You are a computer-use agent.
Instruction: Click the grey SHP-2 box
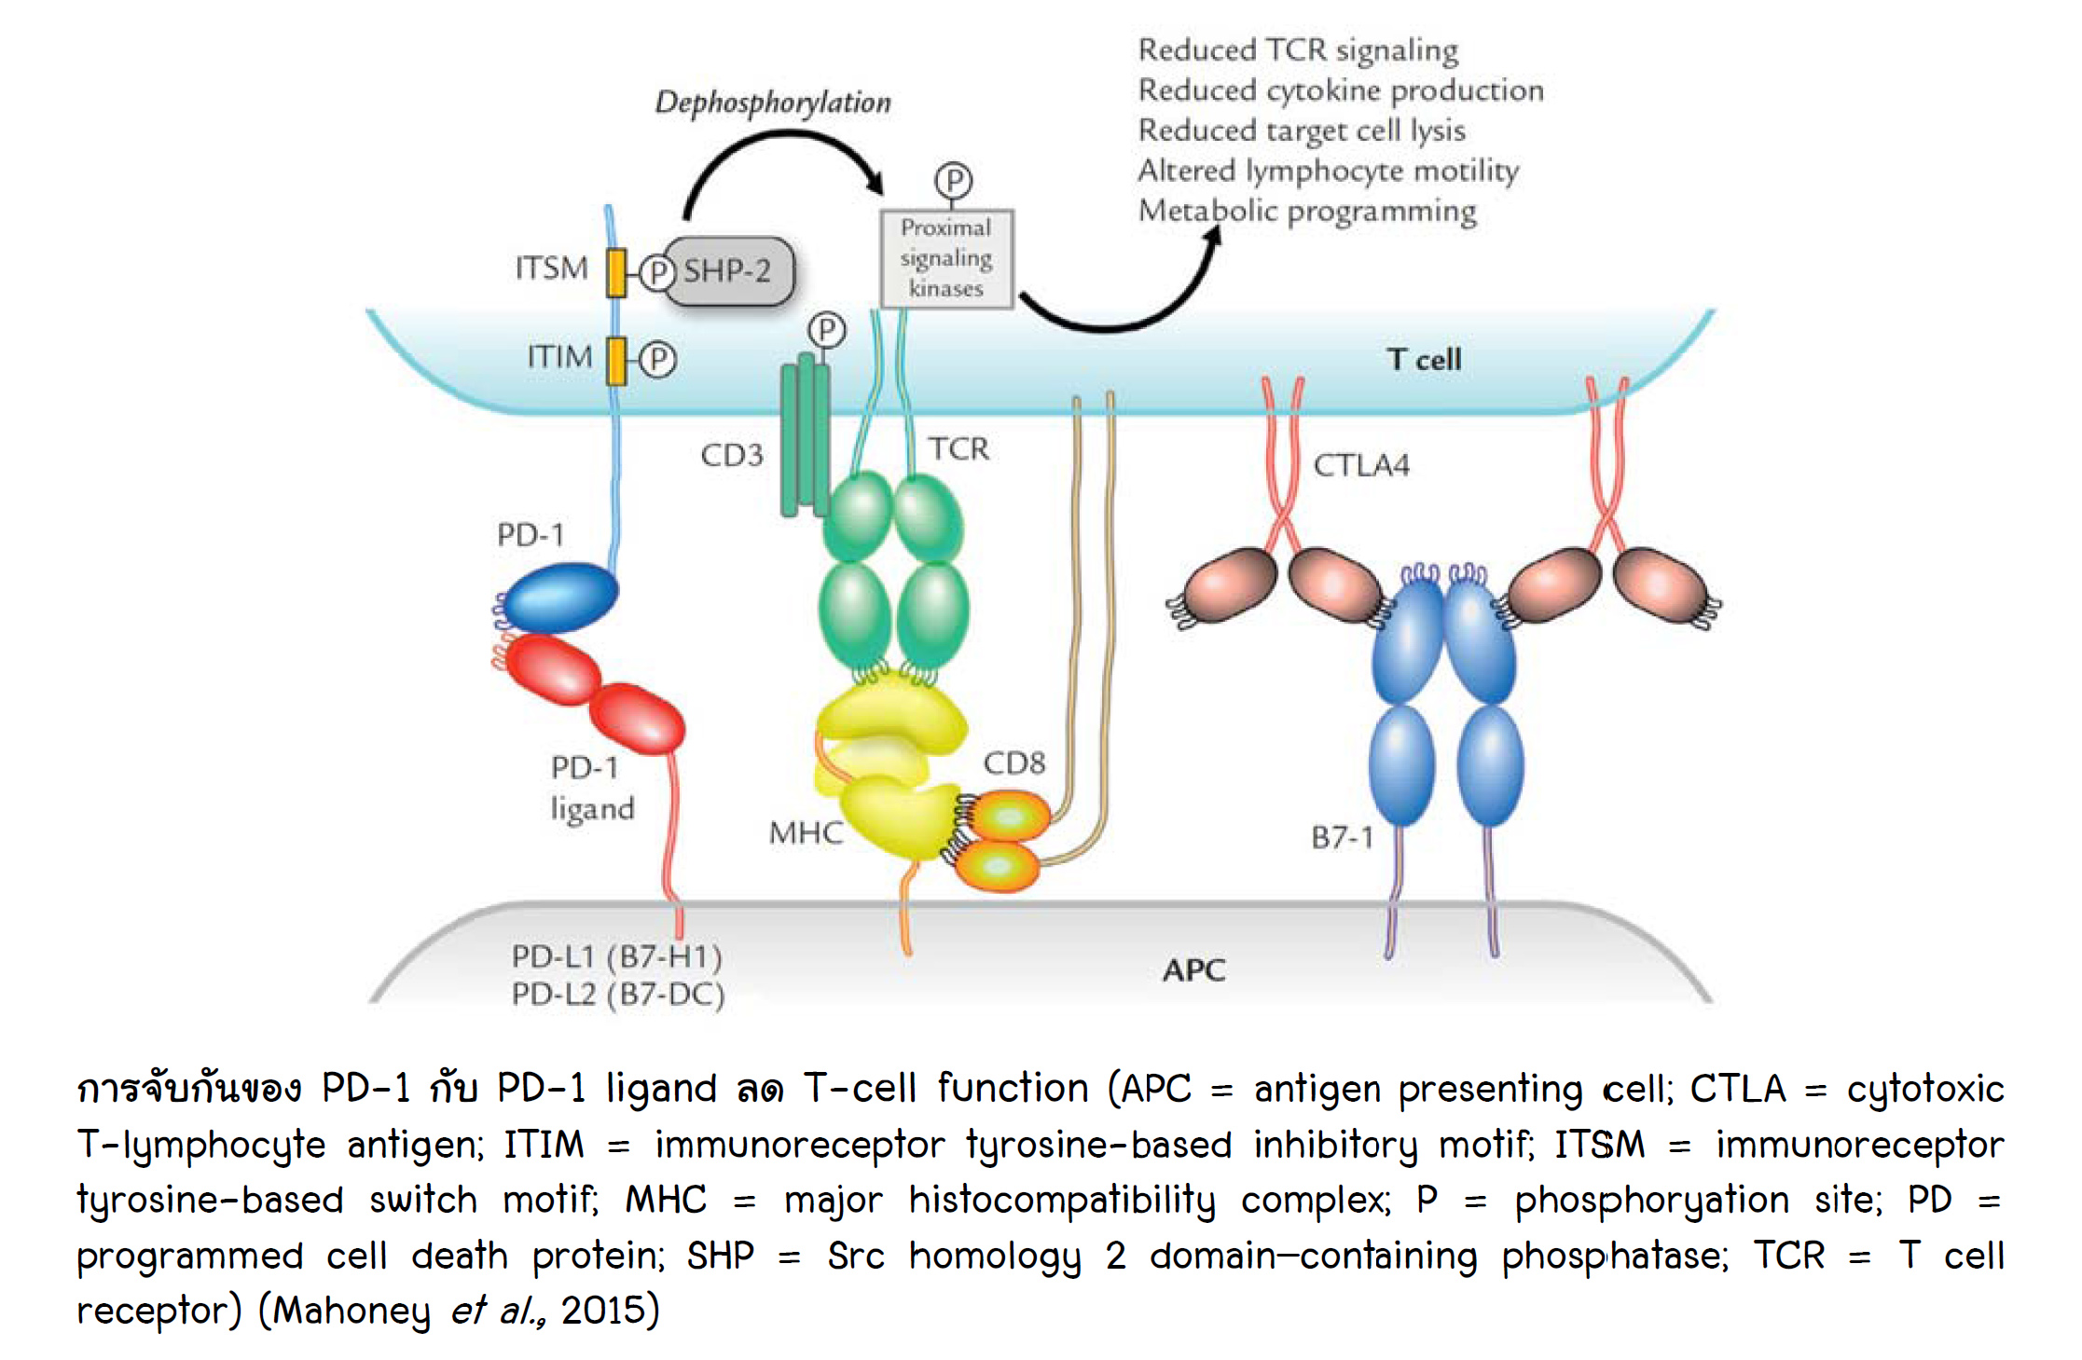click(728, 271)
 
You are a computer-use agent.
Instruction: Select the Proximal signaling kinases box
click(946, 258)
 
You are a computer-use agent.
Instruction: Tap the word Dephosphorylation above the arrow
click(773, 102)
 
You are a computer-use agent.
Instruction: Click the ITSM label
click(552, 268)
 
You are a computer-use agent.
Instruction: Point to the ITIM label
click(559, 357)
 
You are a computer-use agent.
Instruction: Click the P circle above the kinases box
click(953, 180)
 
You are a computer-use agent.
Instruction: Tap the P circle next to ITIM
click(658, 360)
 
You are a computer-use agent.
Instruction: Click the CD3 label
click(732, 455)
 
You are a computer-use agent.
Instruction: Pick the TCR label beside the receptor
click(958, 449)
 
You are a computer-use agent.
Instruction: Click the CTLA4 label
click(1361, 464)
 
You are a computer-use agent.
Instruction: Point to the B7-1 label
click(1342, 837)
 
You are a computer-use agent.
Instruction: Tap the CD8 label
click(1014, 763)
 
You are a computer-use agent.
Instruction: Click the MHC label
click(806, 832)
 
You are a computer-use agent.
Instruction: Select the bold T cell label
click(1424, 360)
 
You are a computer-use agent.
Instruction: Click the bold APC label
click(1193, 970)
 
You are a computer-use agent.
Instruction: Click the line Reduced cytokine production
click(1341, 90)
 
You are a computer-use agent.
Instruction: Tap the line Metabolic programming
click(1307, 211)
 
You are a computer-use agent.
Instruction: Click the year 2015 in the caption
click(603, 1311)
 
